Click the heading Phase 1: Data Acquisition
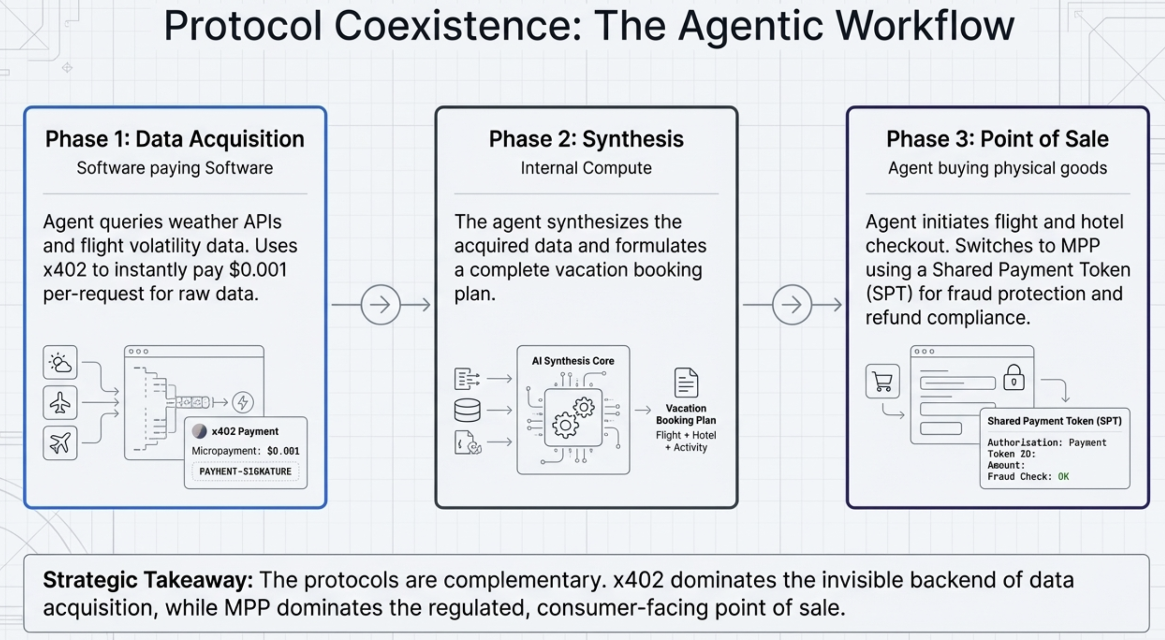coord(174,139)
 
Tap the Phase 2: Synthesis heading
coord(586,139)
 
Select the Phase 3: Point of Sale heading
coord(997,139)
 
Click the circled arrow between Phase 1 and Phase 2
coord(380,304)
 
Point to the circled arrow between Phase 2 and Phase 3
coord(792,304)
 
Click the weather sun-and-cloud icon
coord(60,362)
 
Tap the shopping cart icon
coord(882,381)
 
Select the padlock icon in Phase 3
coord(1013,378)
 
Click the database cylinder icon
coord(467,410)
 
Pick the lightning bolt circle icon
coord(243,402)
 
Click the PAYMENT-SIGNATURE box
coord(245,472)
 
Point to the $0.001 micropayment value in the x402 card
coord(283,451)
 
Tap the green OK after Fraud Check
coord(1063,477)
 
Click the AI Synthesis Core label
coord(573,361)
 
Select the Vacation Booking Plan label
coord(686,414)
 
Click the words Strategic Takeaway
coord(148,580)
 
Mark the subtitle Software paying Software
coord(174,168)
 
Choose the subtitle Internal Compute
coord(586,168)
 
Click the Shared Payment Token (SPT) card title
coord(1054,421)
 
